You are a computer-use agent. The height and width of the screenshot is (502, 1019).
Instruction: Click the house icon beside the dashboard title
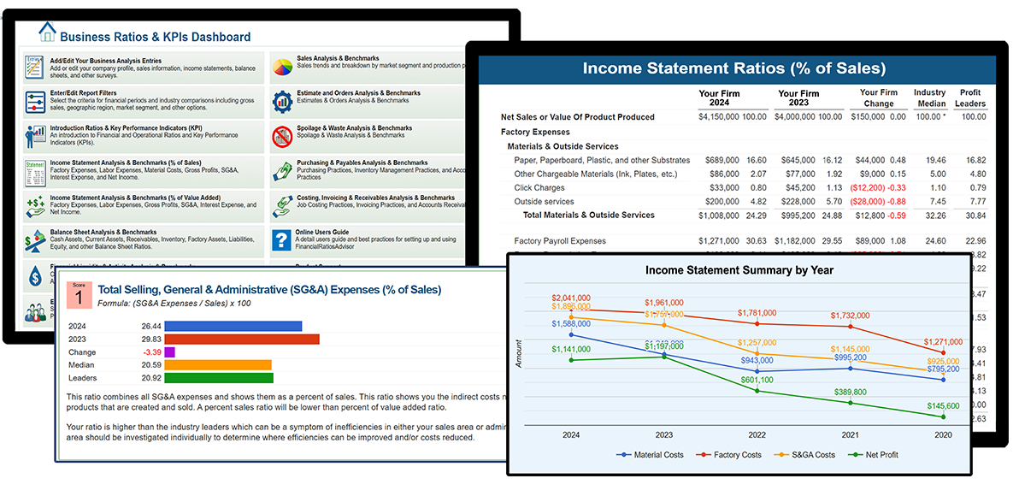click(x=47, y=33)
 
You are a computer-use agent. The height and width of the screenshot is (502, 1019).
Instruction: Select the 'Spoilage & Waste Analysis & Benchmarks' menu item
click(x=354, y=128)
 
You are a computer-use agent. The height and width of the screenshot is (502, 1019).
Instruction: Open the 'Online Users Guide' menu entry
click(x=322, y=233)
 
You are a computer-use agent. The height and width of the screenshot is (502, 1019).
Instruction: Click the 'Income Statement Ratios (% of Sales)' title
click(x=733, y=68)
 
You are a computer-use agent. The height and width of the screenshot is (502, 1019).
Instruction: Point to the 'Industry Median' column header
click(x=929, y=97)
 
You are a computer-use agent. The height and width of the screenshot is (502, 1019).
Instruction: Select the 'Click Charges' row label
click(x=539, y=187)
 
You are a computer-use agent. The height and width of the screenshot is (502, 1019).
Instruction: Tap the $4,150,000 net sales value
click(x=721, y=117)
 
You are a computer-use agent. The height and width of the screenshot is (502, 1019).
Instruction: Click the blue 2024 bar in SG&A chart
click(x=233, y=326)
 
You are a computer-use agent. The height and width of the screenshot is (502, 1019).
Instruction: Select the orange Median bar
click(x=217, y=364)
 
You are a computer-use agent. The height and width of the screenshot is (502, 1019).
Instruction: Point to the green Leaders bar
click(x=218, y=377)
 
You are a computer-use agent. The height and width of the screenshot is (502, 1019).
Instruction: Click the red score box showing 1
click(x=79, y=295)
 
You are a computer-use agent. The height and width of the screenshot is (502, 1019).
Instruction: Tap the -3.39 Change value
click(x=153, y=351)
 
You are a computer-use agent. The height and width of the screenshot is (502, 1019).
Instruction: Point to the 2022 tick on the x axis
click(x=757, y=434)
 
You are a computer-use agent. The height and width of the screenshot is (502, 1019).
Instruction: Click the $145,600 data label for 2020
click(x=942, y=405)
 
